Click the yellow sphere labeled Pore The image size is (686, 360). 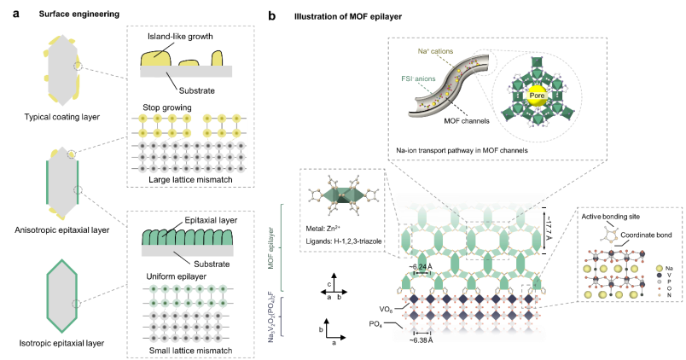pyautogui.click(x=537, y=96)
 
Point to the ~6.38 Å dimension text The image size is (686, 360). pyautogui.click(x=421, y=340)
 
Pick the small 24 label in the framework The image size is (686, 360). pyautogui.click(x=422, y=268)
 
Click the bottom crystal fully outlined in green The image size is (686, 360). pyautogui.click(x=61, y=296)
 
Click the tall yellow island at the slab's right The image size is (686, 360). pyautogui.click(x=218, y=59)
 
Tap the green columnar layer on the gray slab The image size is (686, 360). pyautogui.click(x=186, y=236)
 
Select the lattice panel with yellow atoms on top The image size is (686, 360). pyautogui.click(x=189, y=144)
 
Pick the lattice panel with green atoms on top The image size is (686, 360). pyautogui.click(x=189, y=313)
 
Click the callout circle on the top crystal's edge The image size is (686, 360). pyautogui.click(x=78, y=65)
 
